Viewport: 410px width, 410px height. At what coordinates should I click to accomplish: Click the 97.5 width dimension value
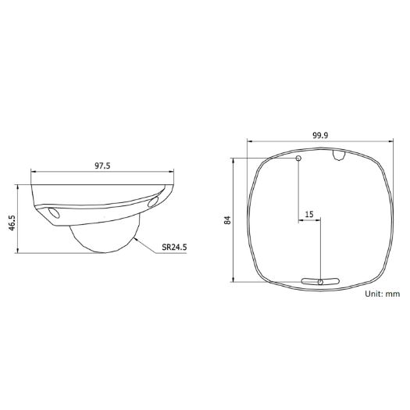point(102,166)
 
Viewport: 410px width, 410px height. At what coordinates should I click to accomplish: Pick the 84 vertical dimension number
point(226,220)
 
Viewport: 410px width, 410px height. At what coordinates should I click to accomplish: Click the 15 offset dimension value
point(309,213)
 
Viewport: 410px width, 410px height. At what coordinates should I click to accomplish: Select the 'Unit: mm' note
point(382,294)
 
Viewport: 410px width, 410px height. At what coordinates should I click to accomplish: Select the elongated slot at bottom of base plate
point(320,280)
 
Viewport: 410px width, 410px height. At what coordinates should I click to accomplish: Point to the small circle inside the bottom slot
point(320,280)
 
